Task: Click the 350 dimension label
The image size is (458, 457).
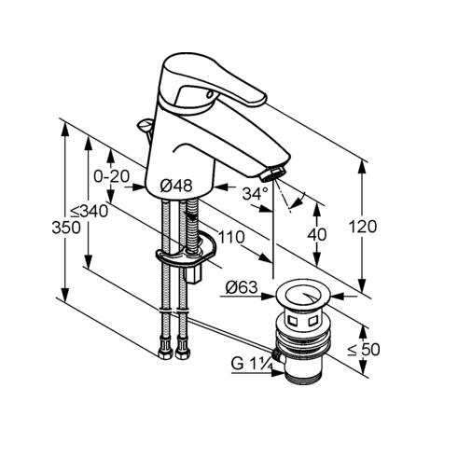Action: point(66,228)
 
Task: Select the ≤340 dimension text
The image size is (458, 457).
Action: point(89,212)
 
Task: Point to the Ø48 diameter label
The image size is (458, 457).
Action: point(176,186)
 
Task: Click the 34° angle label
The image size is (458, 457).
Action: point(255,193)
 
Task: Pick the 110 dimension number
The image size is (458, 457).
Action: point(231,238)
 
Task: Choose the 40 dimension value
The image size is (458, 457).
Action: point(317,234)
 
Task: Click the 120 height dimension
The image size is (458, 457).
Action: point(363,227)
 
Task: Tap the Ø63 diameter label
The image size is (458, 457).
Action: point(242,287)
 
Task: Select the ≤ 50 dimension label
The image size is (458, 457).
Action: point(364,350)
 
